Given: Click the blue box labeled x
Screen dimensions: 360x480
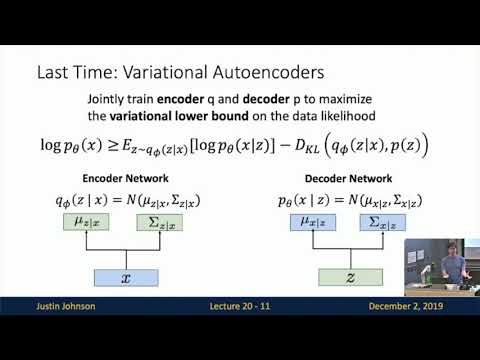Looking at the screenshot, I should tap(126, 280).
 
